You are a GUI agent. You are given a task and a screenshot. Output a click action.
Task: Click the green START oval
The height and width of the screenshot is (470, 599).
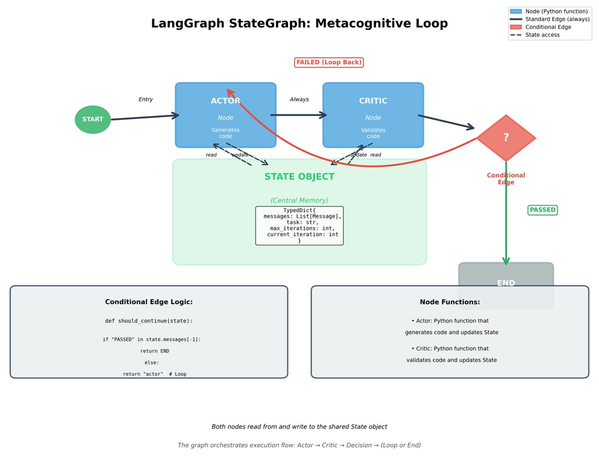click(93, 119)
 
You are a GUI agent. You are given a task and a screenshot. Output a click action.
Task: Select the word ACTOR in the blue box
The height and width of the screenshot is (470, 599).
click(225, 101)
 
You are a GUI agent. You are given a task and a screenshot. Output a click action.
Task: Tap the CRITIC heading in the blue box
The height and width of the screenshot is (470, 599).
click(373, 101)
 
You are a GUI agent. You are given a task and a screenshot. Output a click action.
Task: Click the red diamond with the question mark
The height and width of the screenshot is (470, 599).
click(506, 138)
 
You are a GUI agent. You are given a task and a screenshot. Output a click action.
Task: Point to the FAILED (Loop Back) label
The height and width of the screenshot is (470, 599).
click(328, 62)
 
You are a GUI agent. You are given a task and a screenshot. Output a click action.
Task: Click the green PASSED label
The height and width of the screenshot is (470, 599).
click(542, 210)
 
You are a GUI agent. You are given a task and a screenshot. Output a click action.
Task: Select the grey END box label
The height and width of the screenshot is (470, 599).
click(506, 283)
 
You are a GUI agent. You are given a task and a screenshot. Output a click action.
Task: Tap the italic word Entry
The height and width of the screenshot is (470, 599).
click(145, 99)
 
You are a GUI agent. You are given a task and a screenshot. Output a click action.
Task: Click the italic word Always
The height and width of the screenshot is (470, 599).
click(299, 99)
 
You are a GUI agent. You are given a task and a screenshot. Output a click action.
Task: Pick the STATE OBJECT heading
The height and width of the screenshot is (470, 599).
click(299, 176)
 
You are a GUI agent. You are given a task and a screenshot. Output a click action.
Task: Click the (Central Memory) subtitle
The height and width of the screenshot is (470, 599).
click(299, 200)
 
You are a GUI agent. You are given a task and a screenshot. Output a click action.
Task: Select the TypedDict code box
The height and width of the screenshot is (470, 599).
click(299, 225)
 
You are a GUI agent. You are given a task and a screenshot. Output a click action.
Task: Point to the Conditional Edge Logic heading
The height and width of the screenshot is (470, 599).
click(149, 302)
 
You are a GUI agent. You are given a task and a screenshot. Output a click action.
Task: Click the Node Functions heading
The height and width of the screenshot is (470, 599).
click(449, 302)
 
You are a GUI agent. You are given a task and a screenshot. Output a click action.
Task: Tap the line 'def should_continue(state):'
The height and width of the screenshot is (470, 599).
click(149, 321)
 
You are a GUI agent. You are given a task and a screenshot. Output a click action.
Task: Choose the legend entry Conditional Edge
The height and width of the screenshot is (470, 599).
click(548, 27)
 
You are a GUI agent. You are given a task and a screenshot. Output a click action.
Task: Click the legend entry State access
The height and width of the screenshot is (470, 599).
click(542, 35)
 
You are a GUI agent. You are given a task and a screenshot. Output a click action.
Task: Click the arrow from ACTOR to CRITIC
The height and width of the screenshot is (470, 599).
click(299, 115)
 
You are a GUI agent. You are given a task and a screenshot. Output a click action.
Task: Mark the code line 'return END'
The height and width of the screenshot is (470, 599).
click(154, 351)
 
